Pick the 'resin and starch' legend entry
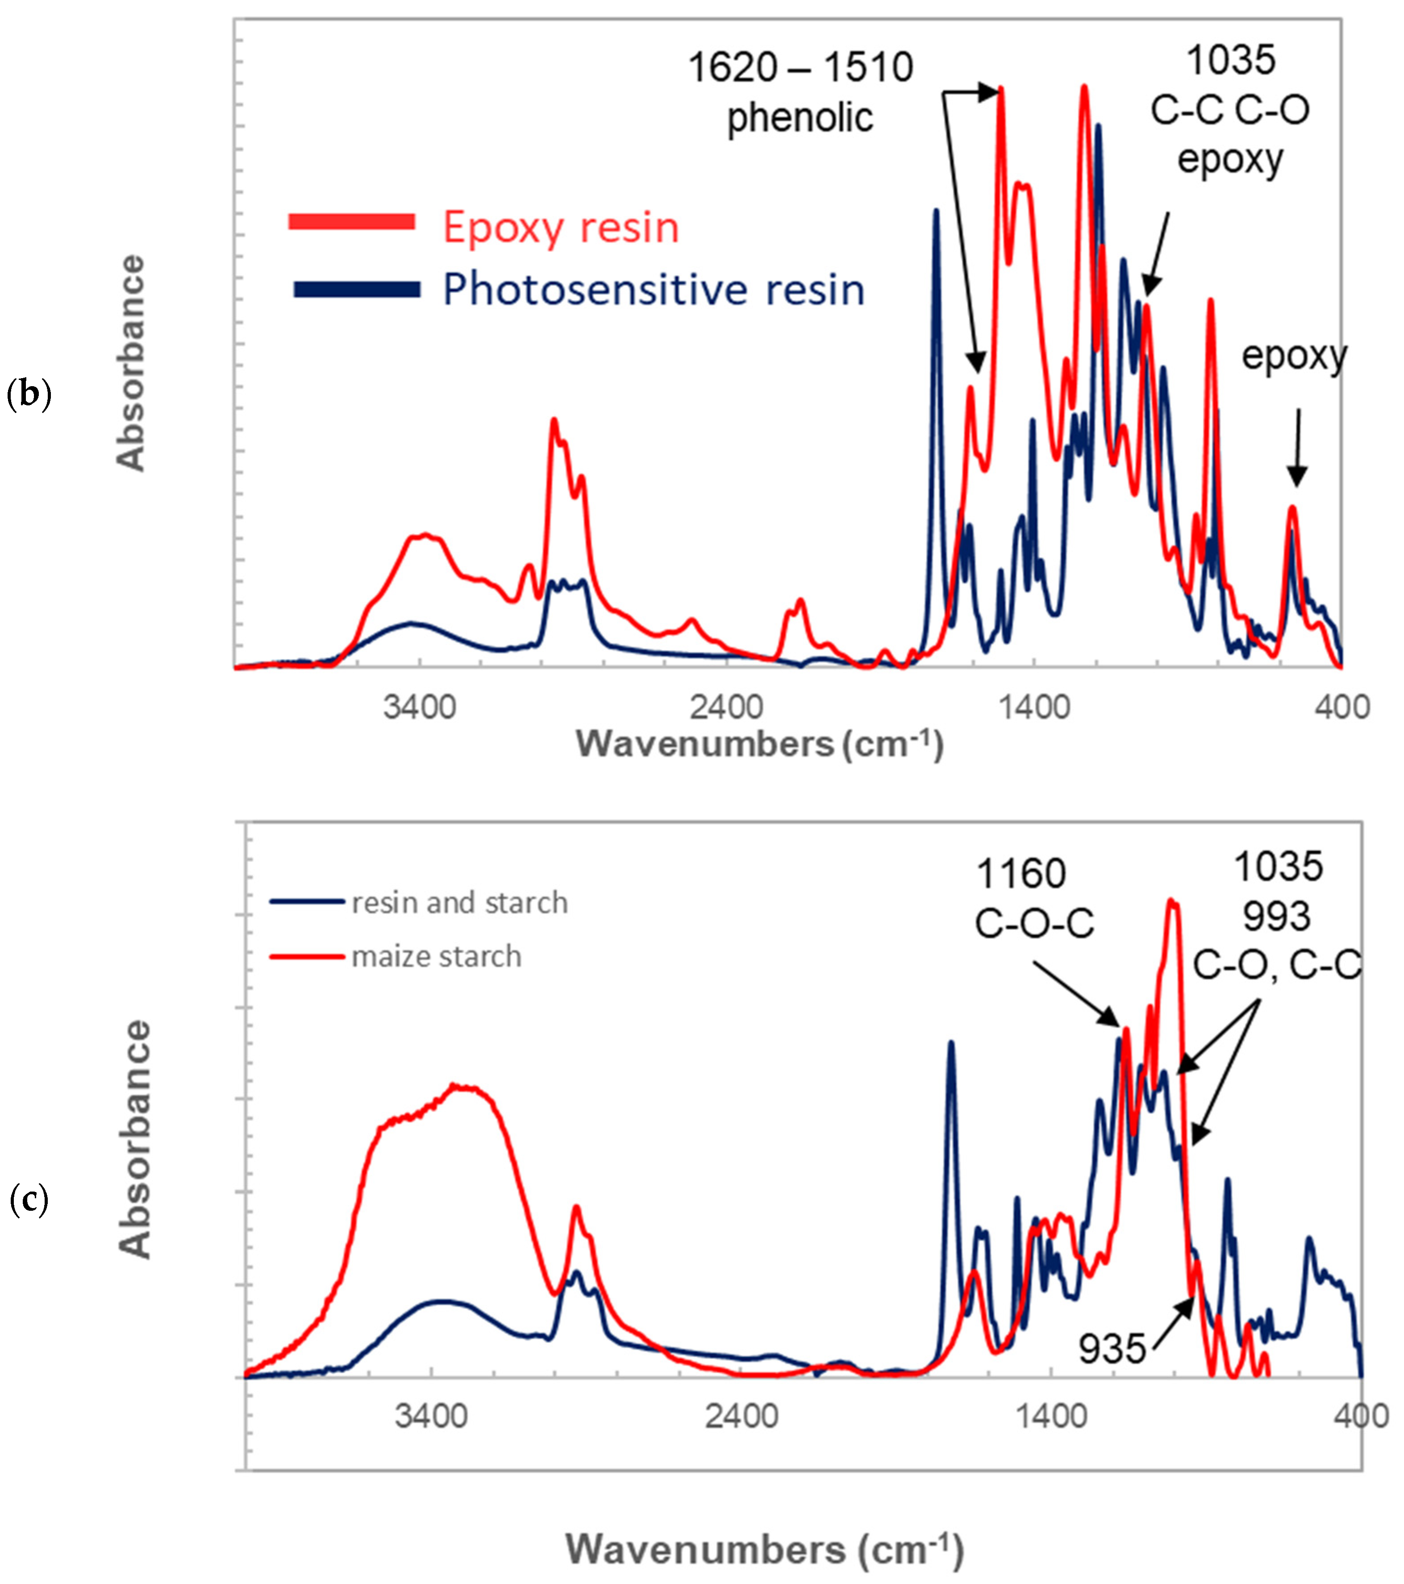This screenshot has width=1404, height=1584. point(459,903)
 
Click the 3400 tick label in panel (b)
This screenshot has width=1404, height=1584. point(419,707)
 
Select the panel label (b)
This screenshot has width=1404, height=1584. point(29,395)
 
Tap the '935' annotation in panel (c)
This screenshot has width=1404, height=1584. point(1112,1349)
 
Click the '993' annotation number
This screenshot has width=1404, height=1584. point(1277,917)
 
